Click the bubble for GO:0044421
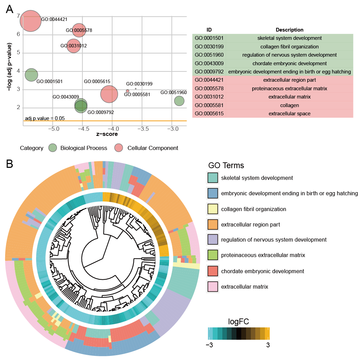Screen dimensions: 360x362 point(31,21)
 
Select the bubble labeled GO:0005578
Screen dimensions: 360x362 point(79,30)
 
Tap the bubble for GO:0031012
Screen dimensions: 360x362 point(73,46)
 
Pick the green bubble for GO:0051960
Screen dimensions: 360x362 point(179,101)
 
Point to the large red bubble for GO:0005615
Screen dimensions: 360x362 point(109,94)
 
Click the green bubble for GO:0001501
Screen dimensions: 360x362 point(31,74)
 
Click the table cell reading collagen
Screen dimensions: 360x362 point(289,105)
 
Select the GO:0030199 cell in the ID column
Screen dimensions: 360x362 point(209,47)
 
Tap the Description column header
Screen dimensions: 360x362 point(289,30)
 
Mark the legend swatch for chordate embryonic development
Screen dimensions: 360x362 point(213,271)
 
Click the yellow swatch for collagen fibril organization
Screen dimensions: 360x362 point(213,209)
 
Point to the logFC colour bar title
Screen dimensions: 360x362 point(238,322)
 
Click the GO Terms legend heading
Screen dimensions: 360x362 point(226,165)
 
